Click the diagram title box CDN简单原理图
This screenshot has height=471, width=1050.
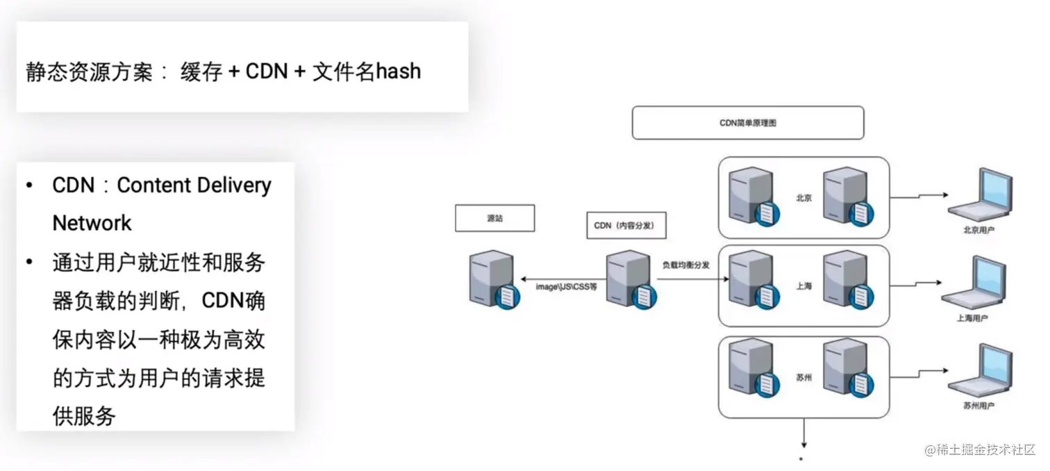pos(747,122)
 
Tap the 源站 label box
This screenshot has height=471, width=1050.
pos(494,218)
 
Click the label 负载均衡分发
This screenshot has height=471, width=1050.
pos(685,265)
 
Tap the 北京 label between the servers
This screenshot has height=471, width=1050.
pos(804,197)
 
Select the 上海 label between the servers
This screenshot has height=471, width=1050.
pos(804,286)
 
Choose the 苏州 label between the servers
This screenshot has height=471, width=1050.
pos(804,379)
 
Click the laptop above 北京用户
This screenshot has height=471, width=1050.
pos(979,195)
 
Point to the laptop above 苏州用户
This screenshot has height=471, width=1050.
pos(978,372)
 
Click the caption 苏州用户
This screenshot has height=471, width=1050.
pos(978,406)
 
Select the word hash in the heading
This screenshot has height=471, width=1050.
pos(398,71)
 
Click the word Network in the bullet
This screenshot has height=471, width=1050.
pos(92,223)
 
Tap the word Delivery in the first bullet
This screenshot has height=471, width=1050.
pos(233,186)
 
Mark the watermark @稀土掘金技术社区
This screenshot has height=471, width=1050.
pos(979,449)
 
